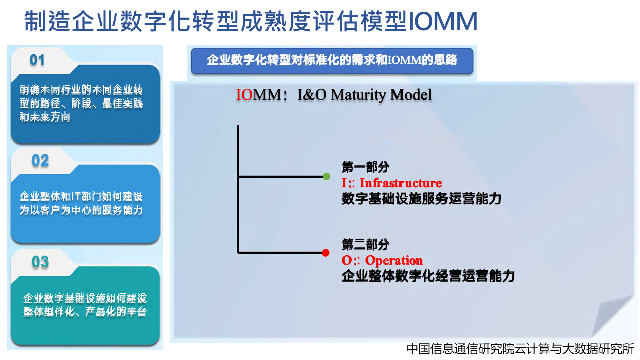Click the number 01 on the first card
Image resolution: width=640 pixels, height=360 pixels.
[37, 60]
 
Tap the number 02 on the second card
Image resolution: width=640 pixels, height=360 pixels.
[40, 161]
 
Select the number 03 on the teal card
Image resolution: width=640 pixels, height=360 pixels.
[40, 262]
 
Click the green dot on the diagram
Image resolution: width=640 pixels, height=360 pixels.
[326, 176]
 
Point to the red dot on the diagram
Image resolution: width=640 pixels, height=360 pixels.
[325, 253]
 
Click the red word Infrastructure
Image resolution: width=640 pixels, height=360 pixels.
[401, 183]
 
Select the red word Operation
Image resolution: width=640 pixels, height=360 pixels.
[394, 261]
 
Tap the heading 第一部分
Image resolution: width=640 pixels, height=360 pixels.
[365, 167]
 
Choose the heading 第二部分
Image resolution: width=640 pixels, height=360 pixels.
[365, 245]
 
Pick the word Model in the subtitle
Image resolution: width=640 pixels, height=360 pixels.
[411, 95]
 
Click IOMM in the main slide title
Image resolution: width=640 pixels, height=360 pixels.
[443, 21]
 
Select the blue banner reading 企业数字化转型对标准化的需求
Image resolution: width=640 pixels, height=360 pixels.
[332, 61]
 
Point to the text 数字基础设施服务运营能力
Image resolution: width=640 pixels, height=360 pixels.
[421, 199]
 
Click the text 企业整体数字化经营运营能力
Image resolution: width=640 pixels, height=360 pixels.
[428, 276]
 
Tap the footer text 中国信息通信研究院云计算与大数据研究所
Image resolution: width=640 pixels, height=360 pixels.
[520, 349]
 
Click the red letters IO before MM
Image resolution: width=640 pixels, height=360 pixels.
[244, 95]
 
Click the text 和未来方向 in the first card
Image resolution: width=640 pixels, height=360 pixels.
[45, 117]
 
